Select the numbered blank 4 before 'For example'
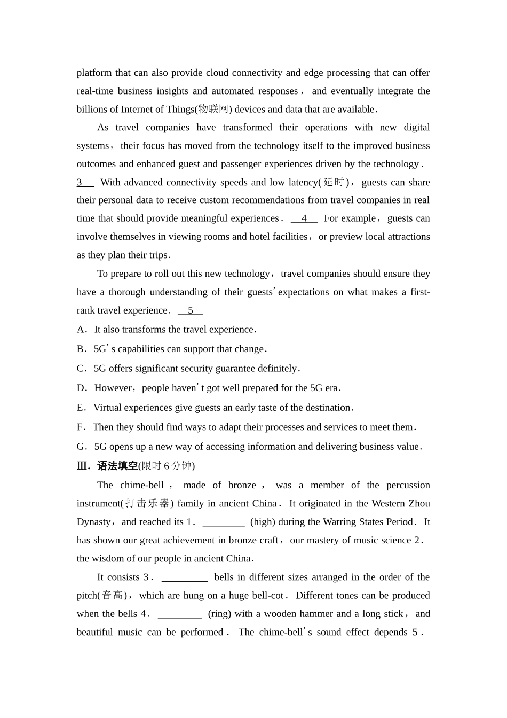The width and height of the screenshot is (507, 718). pyautogui.click(x=304, y=218)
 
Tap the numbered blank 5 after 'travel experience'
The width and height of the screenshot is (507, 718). pyautogui.click(x=191, y=310)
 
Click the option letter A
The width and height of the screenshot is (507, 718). pyautogui.click(x=81, y=330)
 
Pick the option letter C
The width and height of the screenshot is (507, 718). pyautogui.click(x=81, y=369)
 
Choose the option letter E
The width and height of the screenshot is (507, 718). pyautogui.click(x=81, y=408)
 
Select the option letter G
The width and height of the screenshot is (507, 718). pyautogui.click(x=81, y=447)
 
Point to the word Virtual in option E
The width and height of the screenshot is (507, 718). pyautogui.click(x=108, y=408)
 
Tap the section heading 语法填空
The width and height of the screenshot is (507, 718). pyautogui.click(x=117, y=466)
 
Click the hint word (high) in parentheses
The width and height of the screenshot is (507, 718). pyautogui.click(x=263, y=522)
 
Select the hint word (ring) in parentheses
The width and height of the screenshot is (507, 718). pyautogui.click(x=219, y=614)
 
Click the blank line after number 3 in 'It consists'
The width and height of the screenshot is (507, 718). pyautogui.click(x=184, y=577)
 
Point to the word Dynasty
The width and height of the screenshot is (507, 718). pyautogui.click(x=93, y=522)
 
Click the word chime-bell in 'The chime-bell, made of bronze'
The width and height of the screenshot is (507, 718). pyautogui.click(x=142, y=485)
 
